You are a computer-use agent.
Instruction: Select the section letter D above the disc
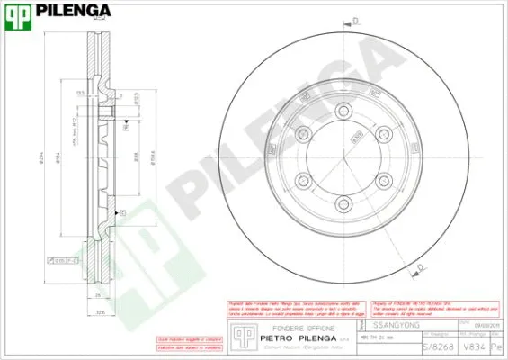click(356, 20)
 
